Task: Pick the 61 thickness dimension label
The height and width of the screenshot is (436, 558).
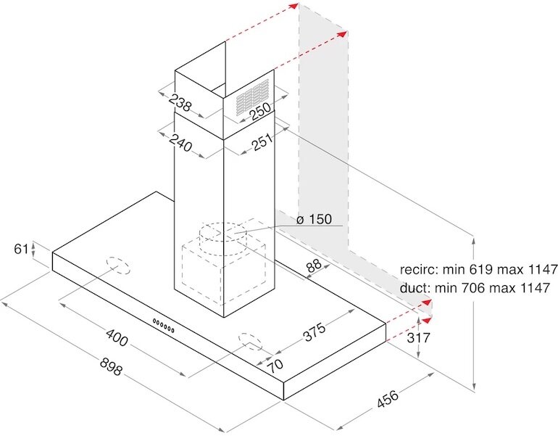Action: tap(22, 249)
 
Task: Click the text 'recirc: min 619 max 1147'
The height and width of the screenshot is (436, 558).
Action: tap(478, 268)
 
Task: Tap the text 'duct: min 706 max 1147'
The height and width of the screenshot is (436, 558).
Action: tap(478, 287)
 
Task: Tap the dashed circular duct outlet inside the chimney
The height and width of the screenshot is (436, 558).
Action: tap(222, 234)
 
